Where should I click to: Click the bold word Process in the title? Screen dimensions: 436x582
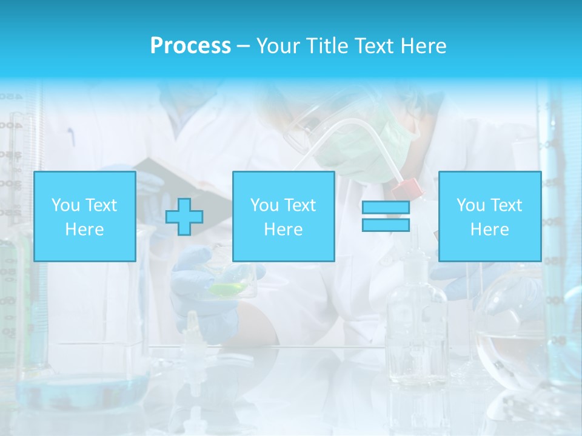[x=190, y=45]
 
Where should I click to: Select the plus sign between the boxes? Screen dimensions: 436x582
[x=184, y=216]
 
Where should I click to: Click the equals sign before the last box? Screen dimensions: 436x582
[x=386, y=216]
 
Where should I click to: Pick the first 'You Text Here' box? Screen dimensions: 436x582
[x=85, y=216]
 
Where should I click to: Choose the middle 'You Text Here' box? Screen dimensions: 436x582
[x=284, y=216]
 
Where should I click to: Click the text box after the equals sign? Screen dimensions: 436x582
[x=490, y=216]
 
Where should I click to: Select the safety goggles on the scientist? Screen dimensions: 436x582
[x=303, y=127]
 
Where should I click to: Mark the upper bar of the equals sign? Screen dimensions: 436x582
[x=386, y=208]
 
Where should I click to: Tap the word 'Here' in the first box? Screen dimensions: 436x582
[x=85, y=229]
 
